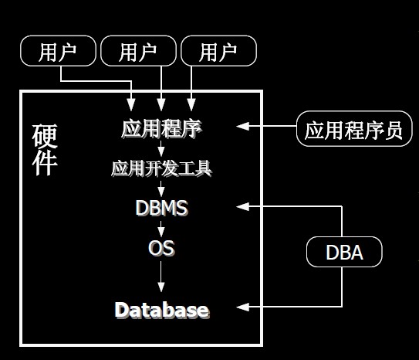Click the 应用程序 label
[x=162, y=129]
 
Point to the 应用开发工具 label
[x=162, y=168]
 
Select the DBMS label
[x=162, y=208]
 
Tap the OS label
[x=161, y=248]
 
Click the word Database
[x=162, y=311]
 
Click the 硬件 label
[x=45, y=150]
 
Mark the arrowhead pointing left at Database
[x=242, y=307]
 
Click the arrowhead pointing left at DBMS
[x=242, y=206]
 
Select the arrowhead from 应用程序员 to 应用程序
[x=242, y=126]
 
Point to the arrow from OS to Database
[x=161, y=277]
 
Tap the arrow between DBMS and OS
[x=161, y=229]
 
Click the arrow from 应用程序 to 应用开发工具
[x=161, y=148]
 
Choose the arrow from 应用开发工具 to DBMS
[x=161, y=188]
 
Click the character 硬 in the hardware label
[x=45, y=136]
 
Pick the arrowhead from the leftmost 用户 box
[x=131, y=104]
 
